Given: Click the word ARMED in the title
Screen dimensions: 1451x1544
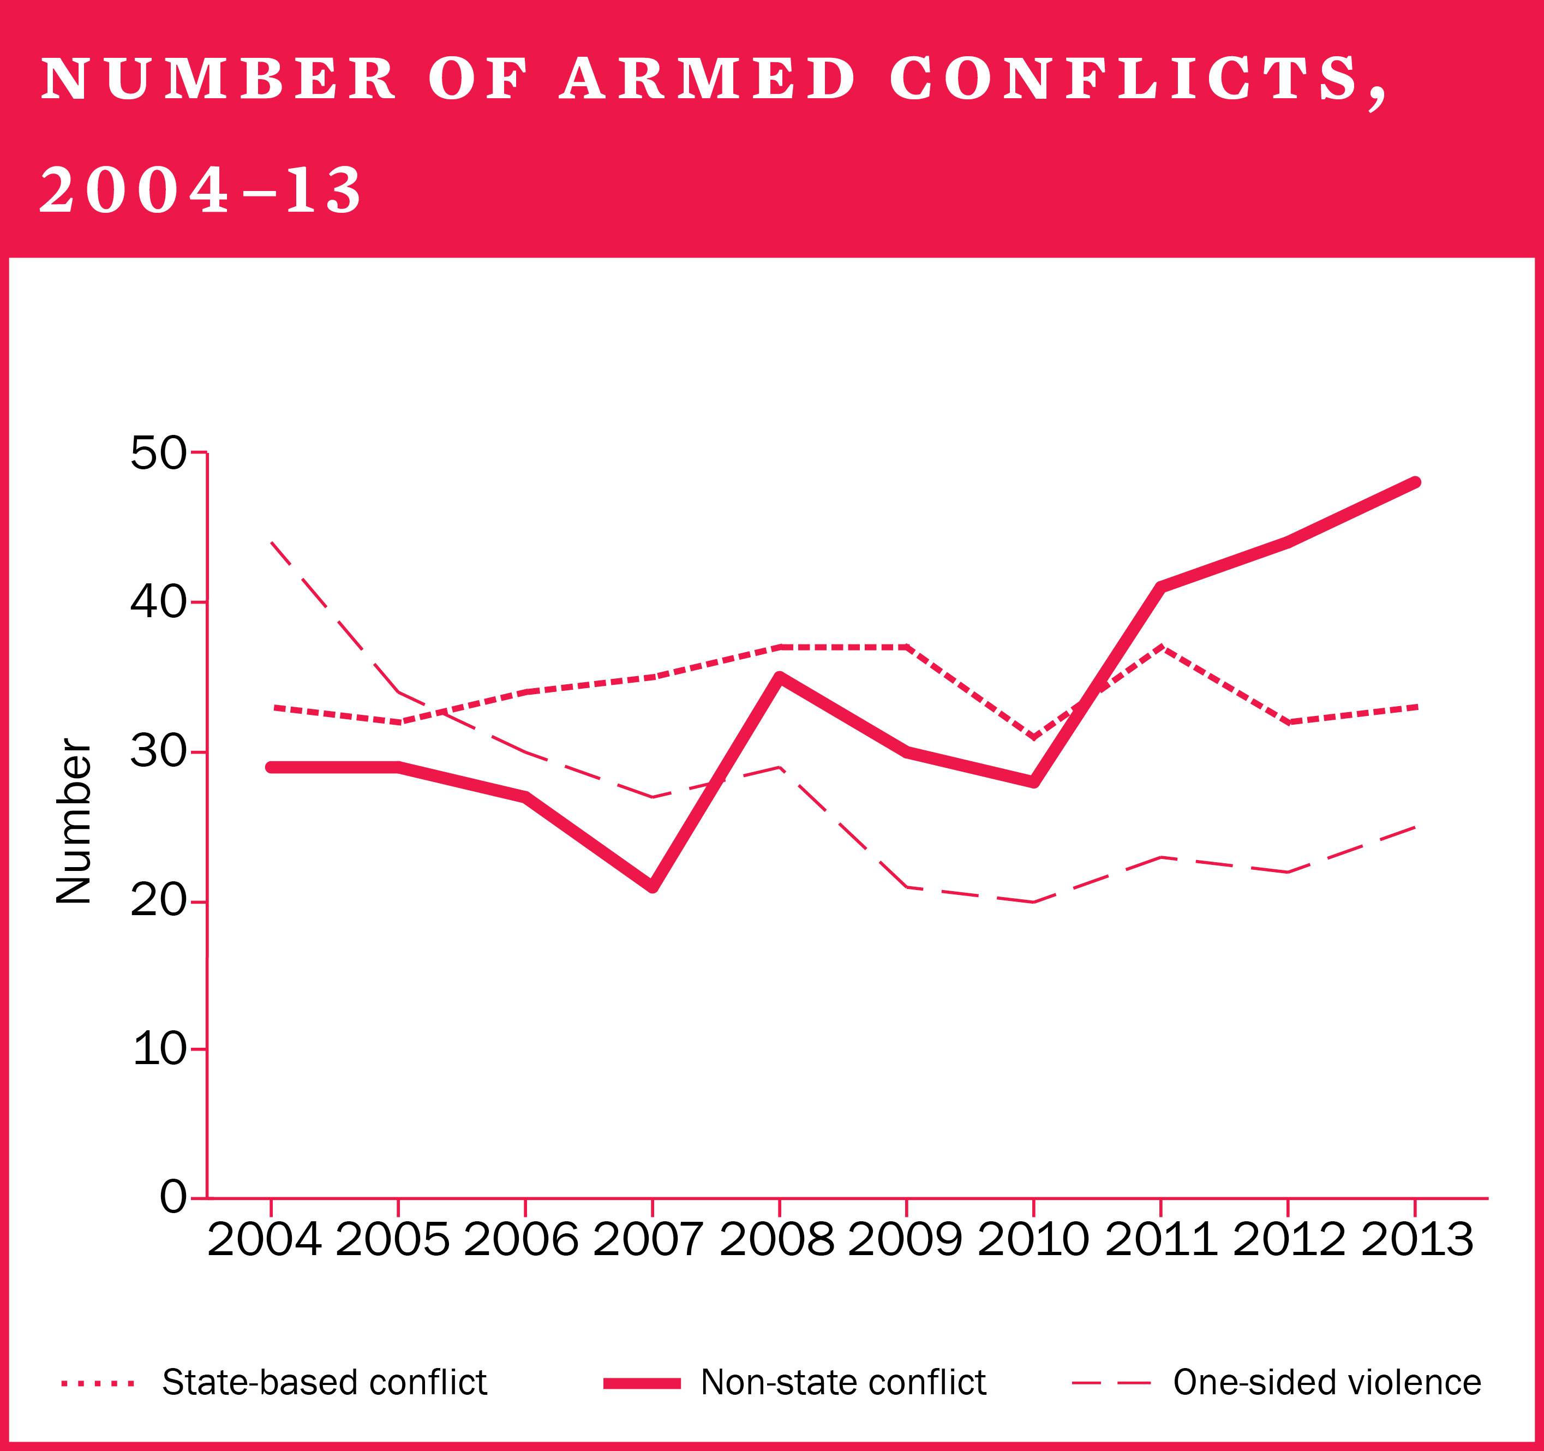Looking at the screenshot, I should pyautogui.click(x=707, y=79).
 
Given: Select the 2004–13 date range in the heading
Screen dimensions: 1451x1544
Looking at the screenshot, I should pyautogui.click(x=200, y=190).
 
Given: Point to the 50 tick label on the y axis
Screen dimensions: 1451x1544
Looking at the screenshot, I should pyautogui.click(x=158, y=453).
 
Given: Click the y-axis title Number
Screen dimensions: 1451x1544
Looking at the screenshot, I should pyautogui.click(x=74, y=821).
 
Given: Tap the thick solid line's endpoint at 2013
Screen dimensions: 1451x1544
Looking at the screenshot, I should pyautogui.click(x=1415, y=482).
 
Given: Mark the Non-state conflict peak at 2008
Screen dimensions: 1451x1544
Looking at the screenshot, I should pyautogui.click(x=780, y=677).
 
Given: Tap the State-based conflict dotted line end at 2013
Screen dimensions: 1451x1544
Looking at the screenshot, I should pyautogui.click(x=1415, y=707).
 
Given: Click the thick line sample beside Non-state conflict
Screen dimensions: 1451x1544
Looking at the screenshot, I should pyautogui.click(x=642, y=1383).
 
